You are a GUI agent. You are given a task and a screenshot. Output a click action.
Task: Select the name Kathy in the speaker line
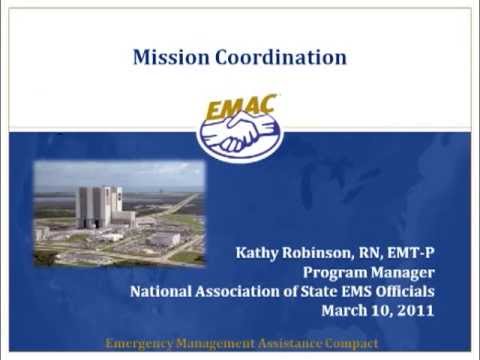click(x=256, y=252)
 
